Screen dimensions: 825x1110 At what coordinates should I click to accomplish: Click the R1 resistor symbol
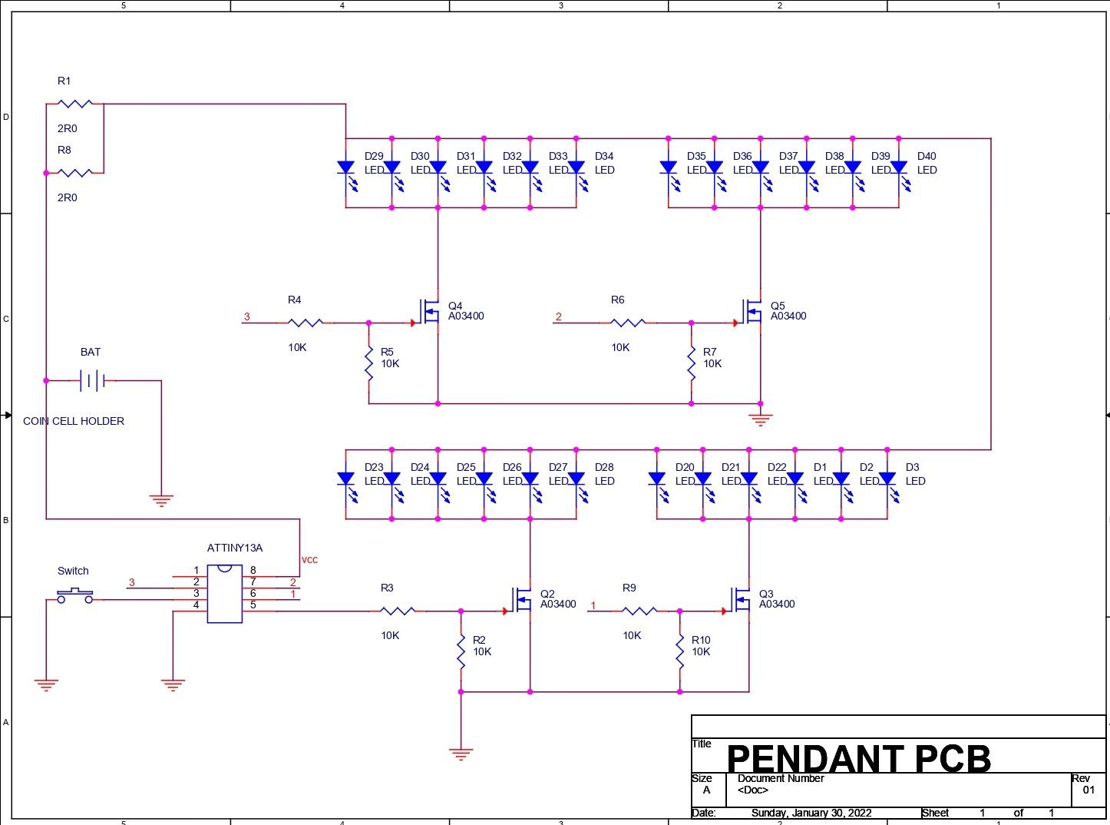[74, 104]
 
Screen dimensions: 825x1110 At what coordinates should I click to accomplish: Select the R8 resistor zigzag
[74, 173]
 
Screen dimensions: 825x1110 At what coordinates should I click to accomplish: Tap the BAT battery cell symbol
[92, 380]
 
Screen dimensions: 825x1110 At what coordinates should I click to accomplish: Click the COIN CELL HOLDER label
[74, 421]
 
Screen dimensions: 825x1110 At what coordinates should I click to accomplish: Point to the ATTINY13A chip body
[224, 594]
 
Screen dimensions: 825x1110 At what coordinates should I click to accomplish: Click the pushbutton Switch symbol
[74, 595]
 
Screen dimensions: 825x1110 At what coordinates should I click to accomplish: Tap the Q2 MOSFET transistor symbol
[523, 599]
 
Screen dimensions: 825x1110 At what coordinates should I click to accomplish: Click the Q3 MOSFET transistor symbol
[742, 599]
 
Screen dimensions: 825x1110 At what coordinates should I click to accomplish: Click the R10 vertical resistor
[679, 651]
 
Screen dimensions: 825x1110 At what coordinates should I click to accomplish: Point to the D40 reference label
[927, 156]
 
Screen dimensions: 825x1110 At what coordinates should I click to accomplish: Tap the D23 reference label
[374, 467]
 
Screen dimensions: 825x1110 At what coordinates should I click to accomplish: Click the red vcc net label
[309, 559]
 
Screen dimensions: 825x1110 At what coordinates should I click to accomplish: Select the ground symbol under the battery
[161, 500]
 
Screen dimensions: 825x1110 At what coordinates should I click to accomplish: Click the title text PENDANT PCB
[858, 758]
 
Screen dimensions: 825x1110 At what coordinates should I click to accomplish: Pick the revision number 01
[1089, 790]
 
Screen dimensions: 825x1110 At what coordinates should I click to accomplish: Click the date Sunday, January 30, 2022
[811, 813]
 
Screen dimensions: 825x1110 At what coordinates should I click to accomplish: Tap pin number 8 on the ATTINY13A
[253, 571]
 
